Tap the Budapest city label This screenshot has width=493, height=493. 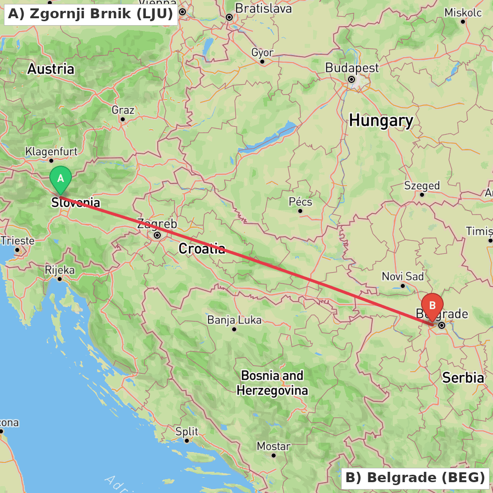tap(352, 68)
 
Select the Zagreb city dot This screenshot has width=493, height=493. tap(157, 236)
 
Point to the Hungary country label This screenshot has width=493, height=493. tap(381, 120)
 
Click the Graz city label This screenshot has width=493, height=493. tap(123, 109)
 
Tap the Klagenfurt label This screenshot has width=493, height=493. tap(51, 151)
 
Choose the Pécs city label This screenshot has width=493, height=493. tap(300, 202)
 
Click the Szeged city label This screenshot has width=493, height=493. tap(422, 185)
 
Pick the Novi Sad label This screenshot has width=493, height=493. tap(403, 277)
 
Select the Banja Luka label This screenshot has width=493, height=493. tap(234, 320)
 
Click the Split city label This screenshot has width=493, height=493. tap(187, 432)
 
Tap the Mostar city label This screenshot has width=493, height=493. tap(273, 446)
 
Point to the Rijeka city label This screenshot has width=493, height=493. tap(60, 270)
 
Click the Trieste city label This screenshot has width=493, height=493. tap(18, 241)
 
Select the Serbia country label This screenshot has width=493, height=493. tap(463, 378)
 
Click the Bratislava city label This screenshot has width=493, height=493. tap(263, 8)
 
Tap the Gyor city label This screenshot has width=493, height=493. tap(262, 53)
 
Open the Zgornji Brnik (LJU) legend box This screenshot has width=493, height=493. tap(91, 14)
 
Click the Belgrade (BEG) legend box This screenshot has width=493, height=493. tap(415, 478)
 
